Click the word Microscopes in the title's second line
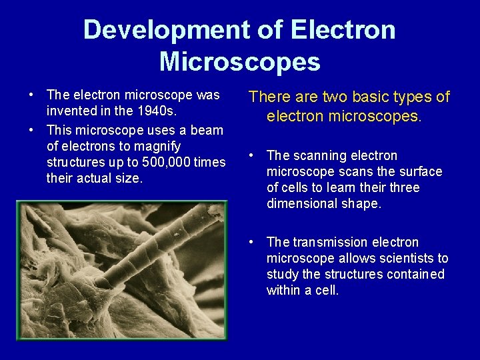(239, 61)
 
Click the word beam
(207, 130)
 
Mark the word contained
(416, 274)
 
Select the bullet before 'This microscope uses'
(31, 130)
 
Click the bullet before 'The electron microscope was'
(31, 95)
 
